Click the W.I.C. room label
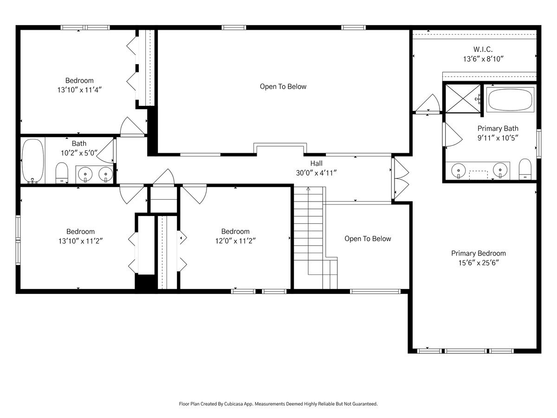pos(483,49)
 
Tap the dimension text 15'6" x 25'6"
pos(479,263)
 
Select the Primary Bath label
pos(498,129)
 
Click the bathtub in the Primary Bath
pos(510,99)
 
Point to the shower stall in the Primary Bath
pos(463,98)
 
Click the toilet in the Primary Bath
pos(525,169)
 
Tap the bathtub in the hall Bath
pos(33,160)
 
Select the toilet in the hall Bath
pos(62,173)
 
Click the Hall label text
pos(317,163)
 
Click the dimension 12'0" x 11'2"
pos(235,241)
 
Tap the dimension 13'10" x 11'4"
pos(79,90)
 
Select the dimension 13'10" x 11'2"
pos(80,241)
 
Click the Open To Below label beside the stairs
pos(368,239)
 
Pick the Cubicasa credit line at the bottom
pos(278,404)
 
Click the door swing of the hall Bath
pos(105,151)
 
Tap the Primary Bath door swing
pos(453,135)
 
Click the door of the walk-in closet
pos(427,103)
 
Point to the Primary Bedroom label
pos(479,253)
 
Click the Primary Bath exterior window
pos(539,144)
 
